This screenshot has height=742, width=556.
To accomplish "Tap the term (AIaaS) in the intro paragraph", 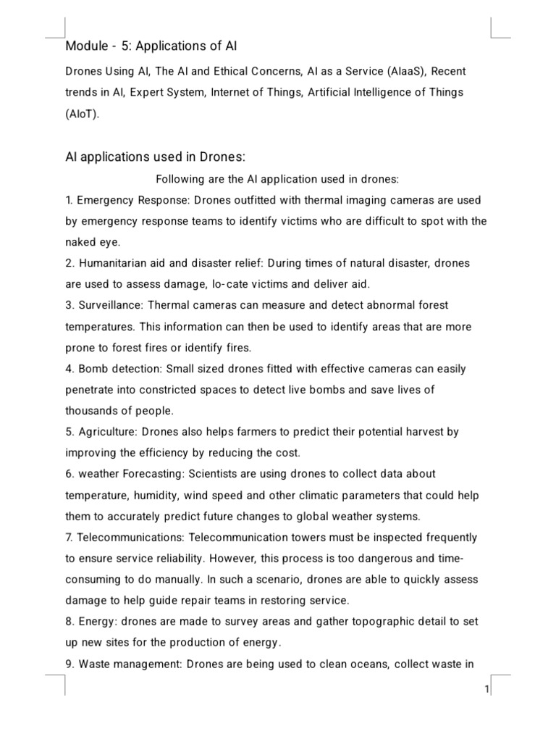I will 398,72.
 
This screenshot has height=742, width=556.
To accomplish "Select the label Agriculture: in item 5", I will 107,432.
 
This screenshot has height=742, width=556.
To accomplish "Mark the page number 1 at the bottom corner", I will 487,689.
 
